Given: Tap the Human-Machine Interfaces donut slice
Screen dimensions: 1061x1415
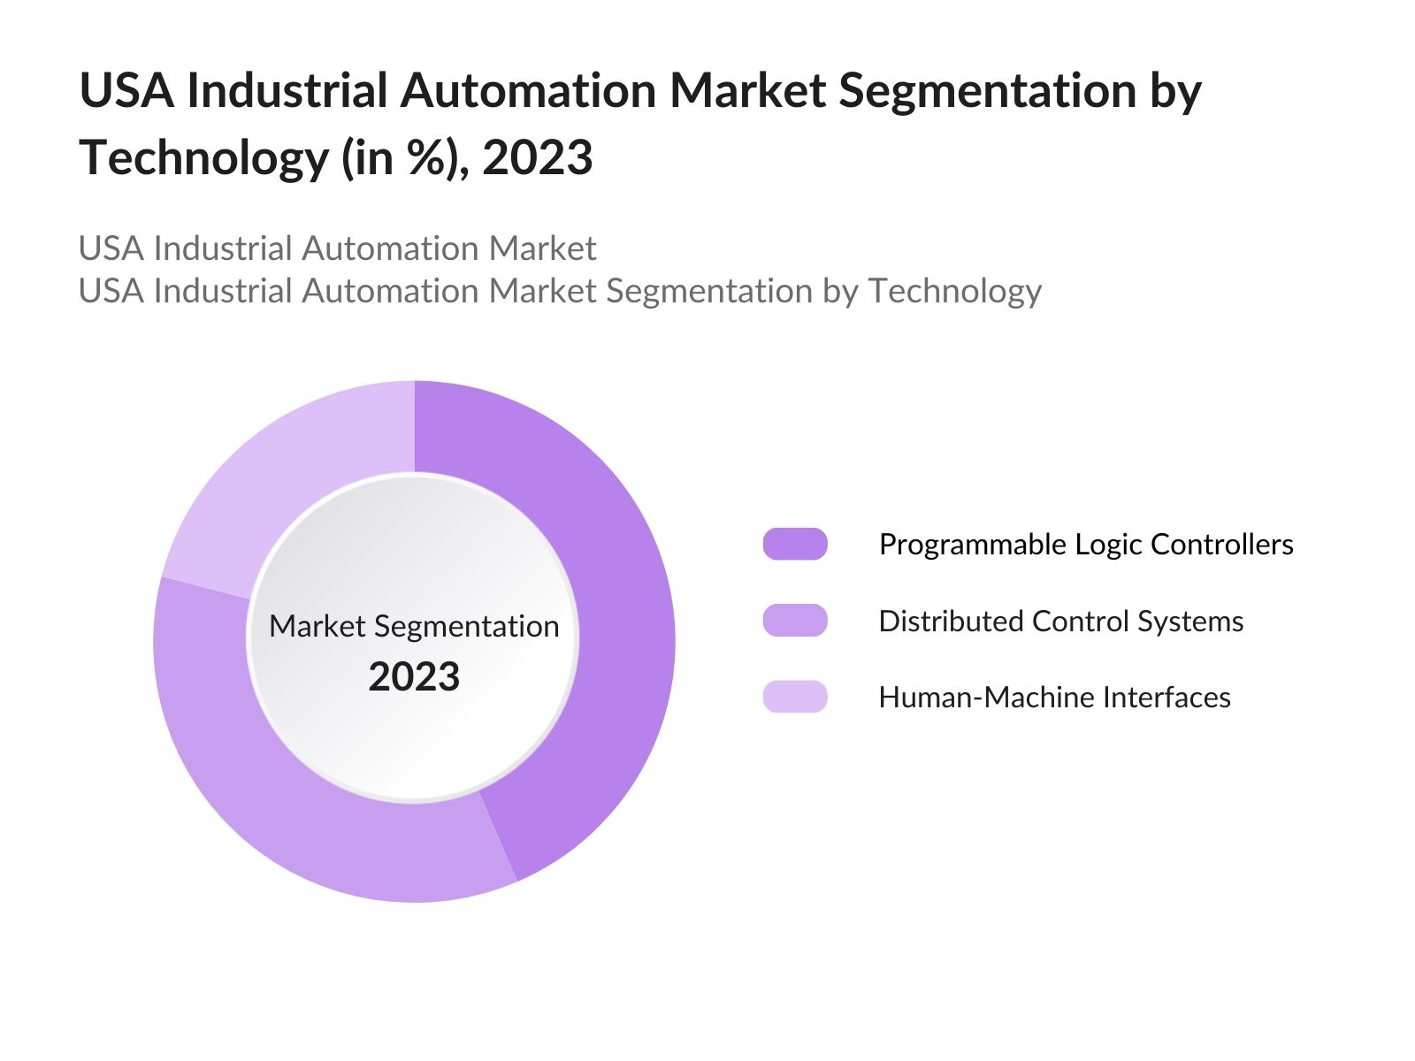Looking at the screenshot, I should pos(283,477).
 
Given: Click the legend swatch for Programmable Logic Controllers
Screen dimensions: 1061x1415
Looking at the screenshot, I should pos(795,544).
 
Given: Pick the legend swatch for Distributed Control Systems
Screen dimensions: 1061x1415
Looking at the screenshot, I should pos(795,621).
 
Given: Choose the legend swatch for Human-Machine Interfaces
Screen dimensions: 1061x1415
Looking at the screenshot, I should pos(795,697).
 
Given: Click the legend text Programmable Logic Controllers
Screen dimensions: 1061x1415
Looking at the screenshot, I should pos(1085,545).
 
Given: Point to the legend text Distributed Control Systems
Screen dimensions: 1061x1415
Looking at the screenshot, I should pos(1060,622).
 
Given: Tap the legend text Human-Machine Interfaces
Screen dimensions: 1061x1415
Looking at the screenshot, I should pos(1054,698).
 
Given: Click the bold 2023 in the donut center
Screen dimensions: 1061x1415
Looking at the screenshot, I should pos(414,677).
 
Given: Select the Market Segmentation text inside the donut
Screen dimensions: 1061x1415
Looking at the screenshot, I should pos(414,626).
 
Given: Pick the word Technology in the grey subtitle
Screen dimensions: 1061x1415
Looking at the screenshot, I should pos(954,291).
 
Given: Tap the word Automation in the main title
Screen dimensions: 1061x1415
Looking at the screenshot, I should pos(527,91).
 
